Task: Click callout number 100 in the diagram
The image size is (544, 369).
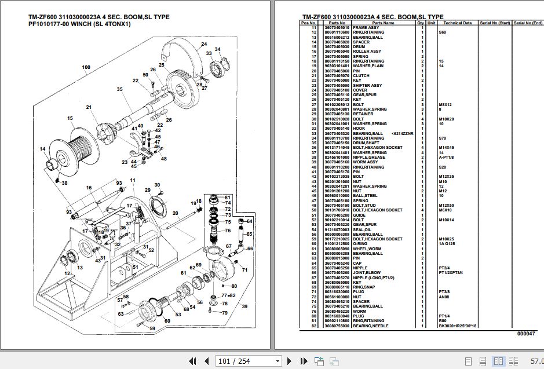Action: click(86, 67)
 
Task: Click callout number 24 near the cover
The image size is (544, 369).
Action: click(204, 45)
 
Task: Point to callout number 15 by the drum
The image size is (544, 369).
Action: click(70, 119)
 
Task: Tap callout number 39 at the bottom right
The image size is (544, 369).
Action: click(244, 306)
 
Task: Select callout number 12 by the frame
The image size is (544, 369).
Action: click(67, 273)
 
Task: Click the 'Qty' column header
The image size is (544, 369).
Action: click(421, 23)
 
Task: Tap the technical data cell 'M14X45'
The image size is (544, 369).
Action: click(446, 148)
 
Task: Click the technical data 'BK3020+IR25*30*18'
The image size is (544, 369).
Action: click(458, 326)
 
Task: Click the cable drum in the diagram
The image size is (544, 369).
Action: click(74, 151)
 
